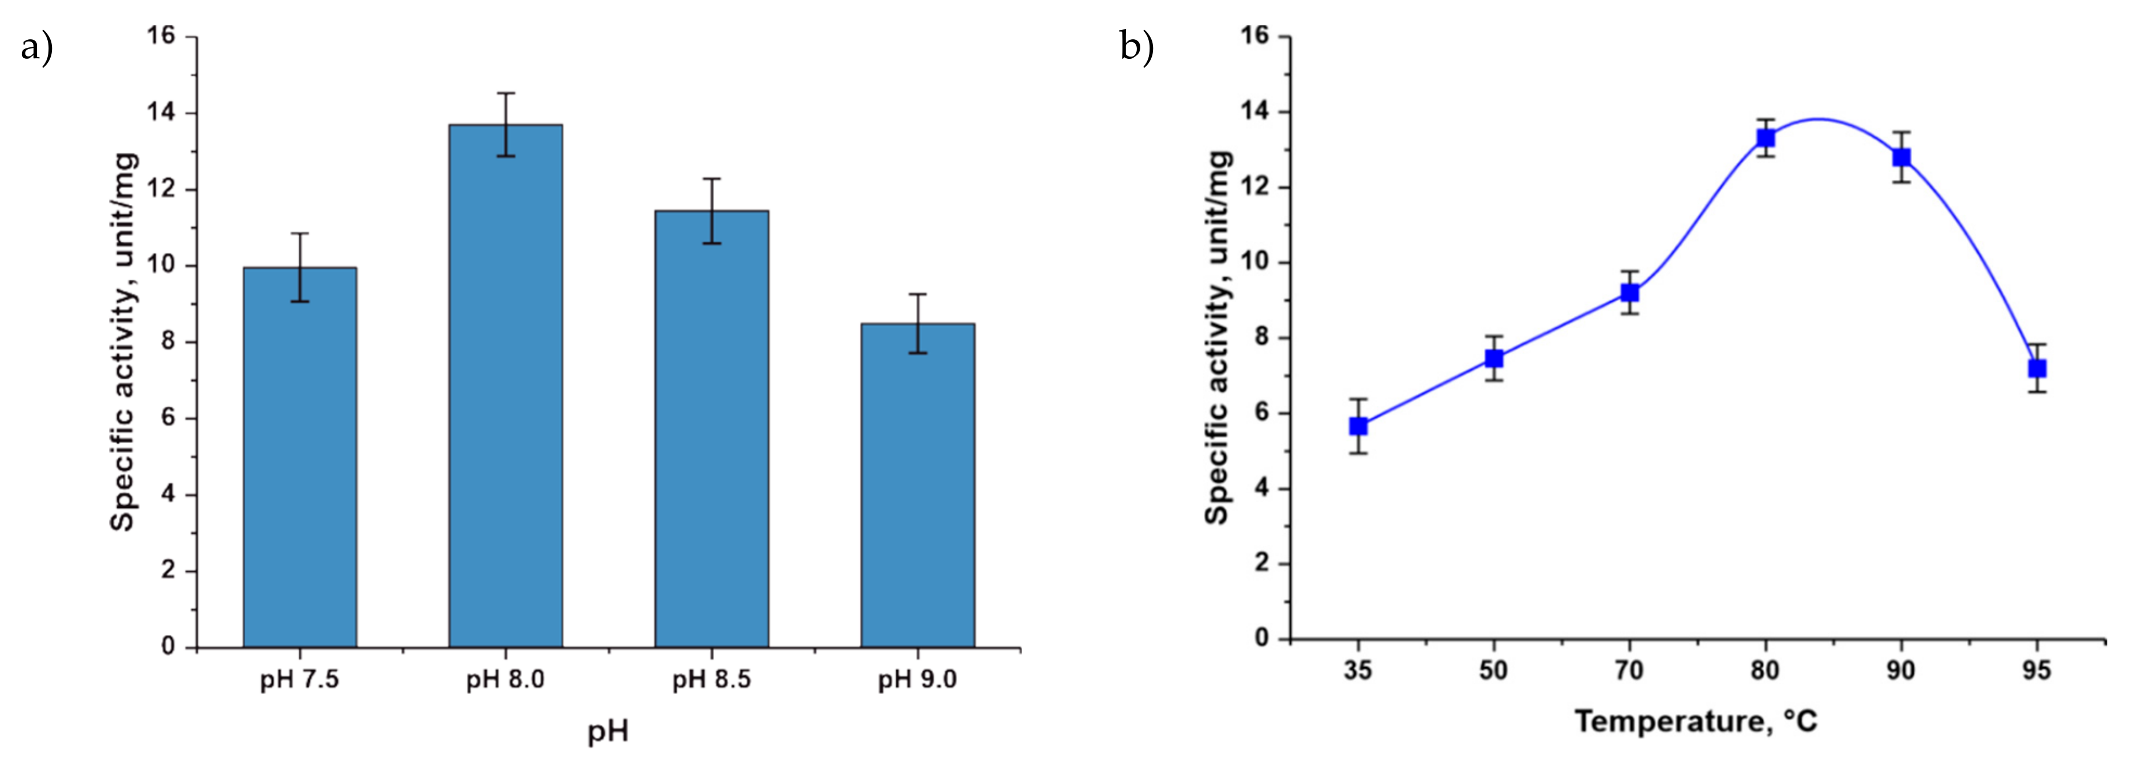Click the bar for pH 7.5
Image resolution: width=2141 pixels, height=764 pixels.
click(299, 457)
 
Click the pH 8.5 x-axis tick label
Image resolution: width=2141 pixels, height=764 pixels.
click(711, 679)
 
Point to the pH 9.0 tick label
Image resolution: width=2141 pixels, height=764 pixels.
click(918, 679)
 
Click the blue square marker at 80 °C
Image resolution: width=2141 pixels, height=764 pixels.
click(1766, 138)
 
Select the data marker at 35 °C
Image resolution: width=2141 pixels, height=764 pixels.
click(1358, 426)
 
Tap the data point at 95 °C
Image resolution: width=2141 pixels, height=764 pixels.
click(2036, 368)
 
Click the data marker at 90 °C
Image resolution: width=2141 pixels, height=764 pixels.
click(1902, 157)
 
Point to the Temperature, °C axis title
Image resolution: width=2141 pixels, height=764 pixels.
click(1696, 721)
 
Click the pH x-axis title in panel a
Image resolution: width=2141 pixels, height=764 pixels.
click(607, 732)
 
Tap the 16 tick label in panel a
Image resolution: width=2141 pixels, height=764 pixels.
click(161, 36)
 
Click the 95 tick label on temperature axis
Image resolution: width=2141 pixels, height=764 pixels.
click(2036, 670)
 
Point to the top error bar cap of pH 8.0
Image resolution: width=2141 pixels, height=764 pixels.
click(505, 93)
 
